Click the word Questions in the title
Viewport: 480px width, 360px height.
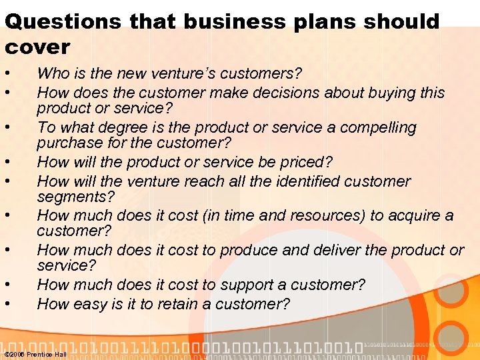[x=63, y=21]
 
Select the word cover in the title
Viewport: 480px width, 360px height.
[x=37, y=47]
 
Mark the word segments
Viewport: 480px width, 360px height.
[x=75, y=197]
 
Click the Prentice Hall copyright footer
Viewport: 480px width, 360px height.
[x=35, y=354]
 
